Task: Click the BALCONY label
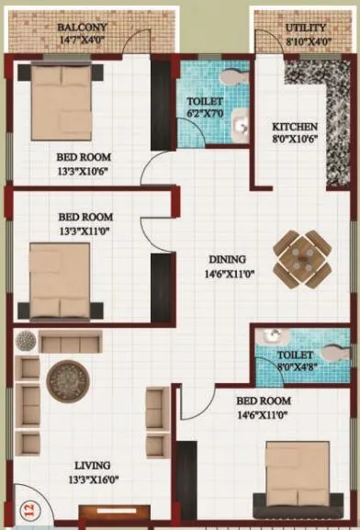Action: click(x=83, y=28)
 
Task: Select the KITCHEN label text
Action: click(x=295, y=126)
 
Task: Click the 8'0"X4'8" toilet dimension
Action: click(x=295, y=366)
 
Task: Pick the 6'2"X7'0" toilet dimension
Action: click(x=205, y=113)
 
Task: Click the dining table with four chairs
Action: click(x=302, y=257)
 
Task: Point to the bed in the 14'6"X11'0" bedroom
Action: click(x=298, y=474)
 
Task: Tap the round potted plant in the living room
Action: click(x=25, y=341)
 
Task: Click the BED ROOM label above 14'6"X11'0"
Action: click(x=263, y=401)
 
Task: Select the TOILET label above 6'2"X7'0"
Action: click(x=205, y=101)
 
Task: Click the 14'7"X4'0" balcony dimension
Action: click(x=83, y=40)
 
